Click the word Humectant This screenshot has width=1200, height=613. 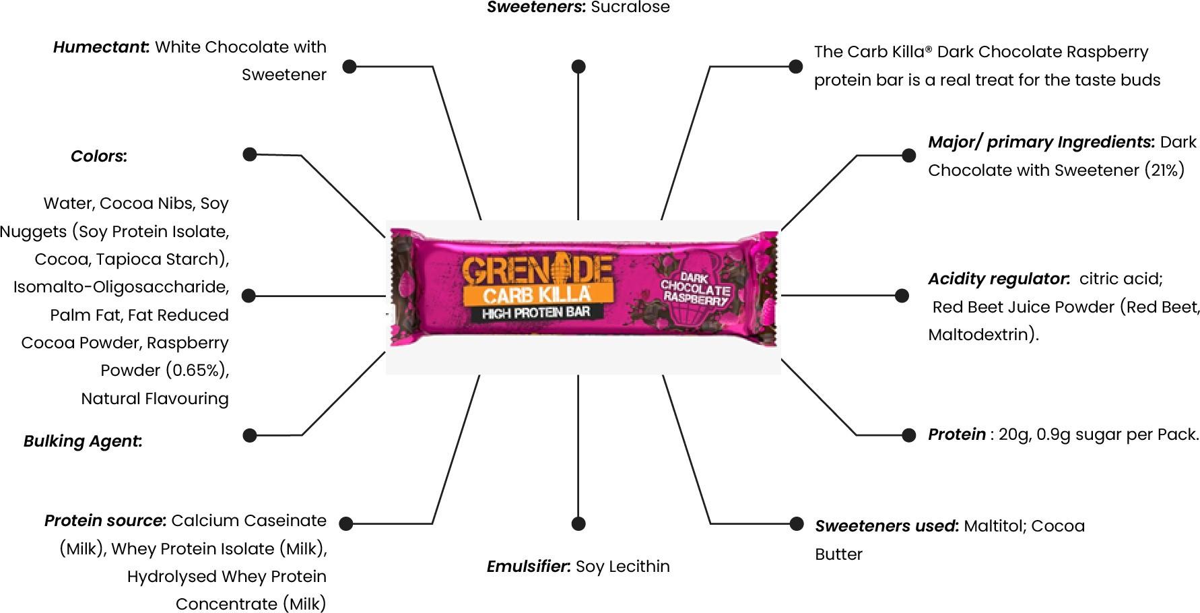[x=101, y=47]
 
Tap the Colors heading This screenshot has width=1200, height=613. [x=98, y=156]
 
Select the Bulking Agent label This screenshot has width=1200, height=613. [x=82, y=441]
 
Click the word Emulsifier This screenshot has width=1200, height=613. [x=529, y=567]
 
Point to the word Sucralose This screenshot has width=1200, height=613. [x=630, y=7]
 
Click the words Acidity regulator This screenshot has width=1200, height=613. [x=999, y=279]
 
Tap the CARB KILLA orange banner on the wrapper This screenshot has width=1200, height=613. [x=536, y=295]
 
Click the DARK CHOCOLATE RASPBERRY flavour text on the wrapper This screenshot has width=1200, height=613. [x=696, y=288]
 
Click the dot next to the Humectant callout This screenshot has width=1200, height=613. [x=349, y=66]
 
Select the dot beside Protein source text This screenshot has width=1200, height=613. [x=346, y=523]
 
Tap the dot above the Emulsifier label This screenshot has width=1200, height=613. [x=578, y=523]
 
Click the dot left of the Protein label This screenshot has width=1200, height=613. [x=908, y=434]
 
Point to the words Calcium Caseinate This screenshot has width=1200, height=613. [x=248, y=521]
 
